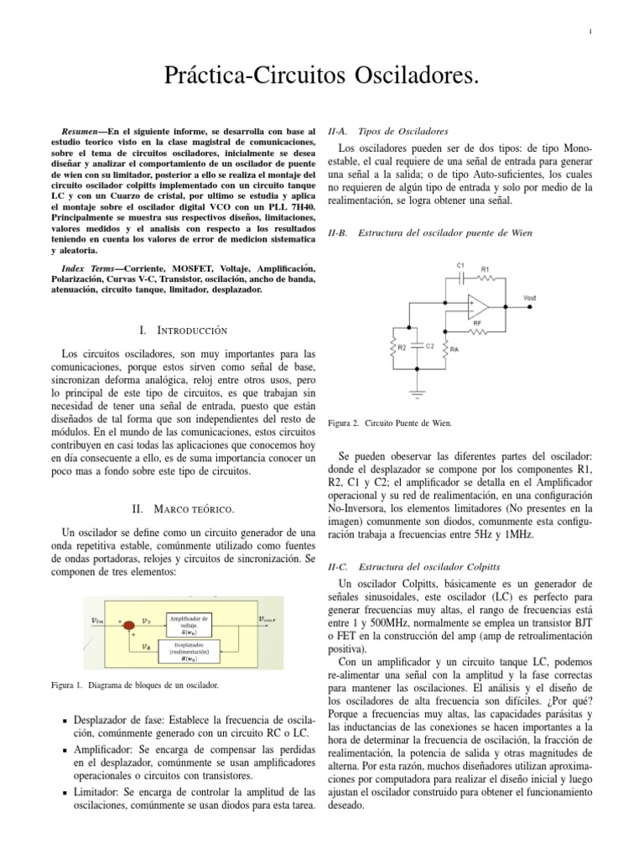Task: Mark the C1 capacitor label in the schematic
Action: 460,265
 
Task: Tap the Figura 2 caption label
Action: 343,424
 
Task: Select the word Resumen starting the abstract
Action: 82,133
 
